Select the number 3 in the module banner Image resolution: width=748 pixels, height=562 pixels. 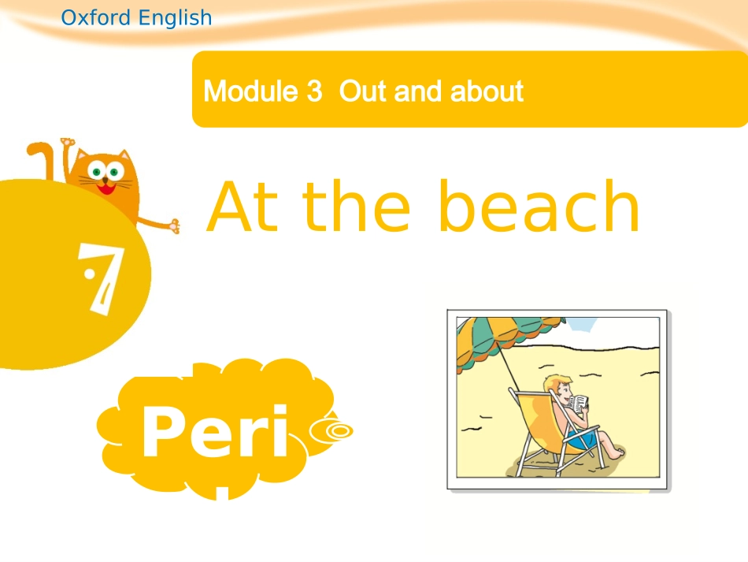click(x=314, y=91)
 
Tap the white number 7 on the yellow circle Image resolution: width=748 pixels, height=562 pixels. click(x=100, y=277)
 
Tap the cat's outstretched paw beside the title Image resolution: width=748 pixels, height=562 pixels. click(x=172, y=226)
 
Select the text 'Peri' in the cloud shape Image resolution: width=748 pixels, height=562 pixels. click(x=215, y=434)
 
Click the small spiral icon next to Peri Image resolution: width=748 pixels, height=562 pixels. click(x=334, y=430)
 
